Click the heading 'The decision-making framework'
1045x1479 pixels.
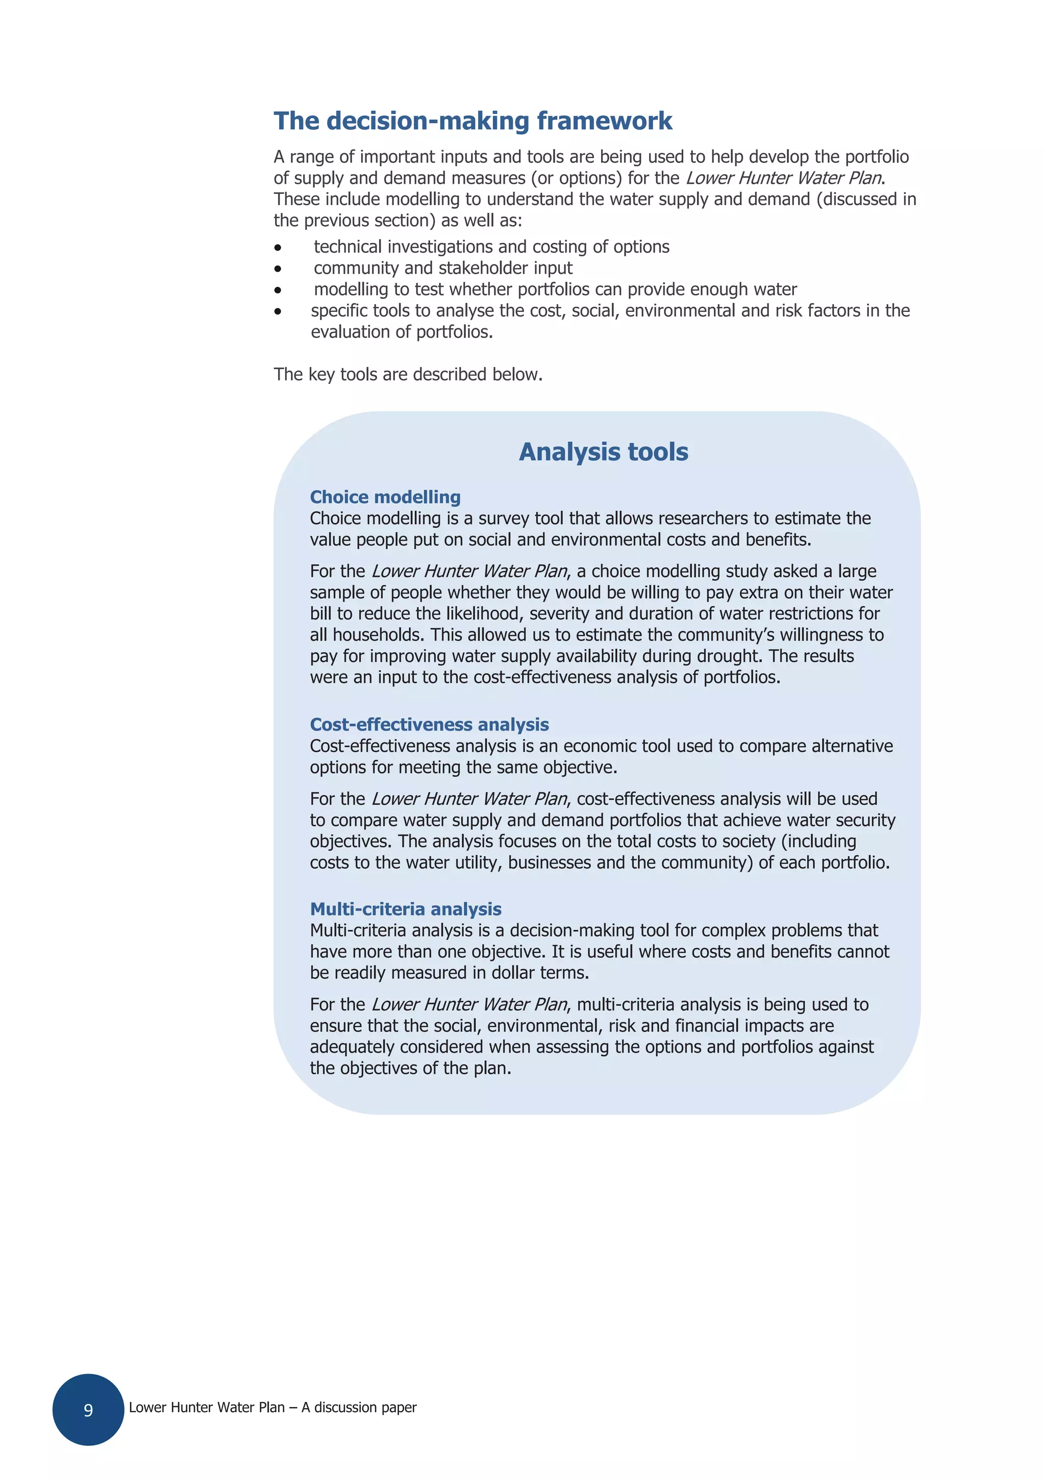pos(472,121)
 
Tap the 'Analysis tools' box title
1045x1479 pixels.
pos(603,452)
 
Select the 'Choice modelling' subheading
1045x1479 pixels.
pos(385,497)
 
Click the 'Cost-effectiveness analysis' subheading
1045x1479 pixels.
pos(429,724)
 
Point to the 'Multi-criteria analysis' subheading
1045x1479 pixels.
pos(406,908)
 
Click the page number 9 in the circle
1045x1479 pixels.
pos(88,1410)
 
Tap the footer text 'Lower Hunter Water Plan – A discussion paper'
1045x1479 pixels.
pos(272,1408)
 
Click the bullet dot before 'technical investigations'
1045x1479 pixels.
pos(278,248)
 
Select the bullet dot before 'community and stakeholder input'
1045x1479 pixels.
pos(278,268)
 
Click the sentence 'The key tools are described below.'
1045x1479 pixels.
pos(408,374)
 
